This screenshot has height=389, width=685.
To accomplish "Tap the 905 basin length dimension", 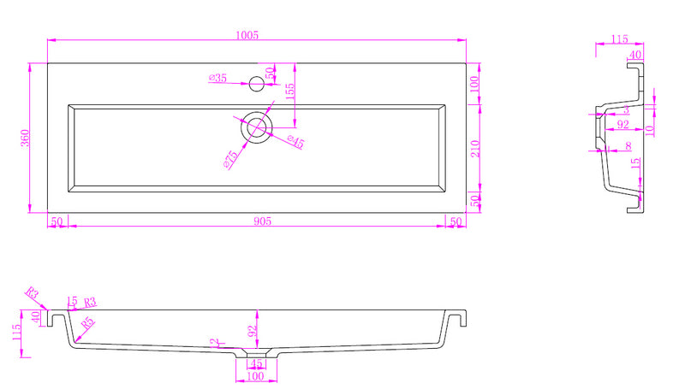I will pyautogui.click(x=262, y=221).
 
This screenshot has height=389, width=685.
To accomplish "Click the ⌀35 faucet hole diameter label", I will pyautogui.click(x=217, y=79).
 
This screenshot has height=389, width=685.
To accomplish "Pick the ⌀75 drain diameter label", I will pyautogui.click(x=229, y=159).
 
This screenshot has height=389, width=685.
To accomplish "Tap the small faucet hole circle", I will pyautogui.click(x=255, y=84).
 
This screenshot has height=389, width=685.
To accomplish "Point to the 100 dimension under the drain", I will pyautogui.click(x=255, y=376).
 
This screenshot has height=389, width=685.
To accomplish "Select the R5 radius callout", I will pyautogui.click(x=87, y=324).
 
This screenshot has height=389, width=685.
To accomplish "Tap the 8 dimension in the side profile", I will pyautogui.click(x=628, y=147).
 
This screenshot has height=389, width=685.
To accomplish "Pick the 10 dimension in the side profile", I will pyautogui.click(x=650, y=130).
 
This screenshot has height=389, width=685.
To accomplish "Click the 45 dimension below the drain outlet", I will pyautogui.click(x=255, y=363).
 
